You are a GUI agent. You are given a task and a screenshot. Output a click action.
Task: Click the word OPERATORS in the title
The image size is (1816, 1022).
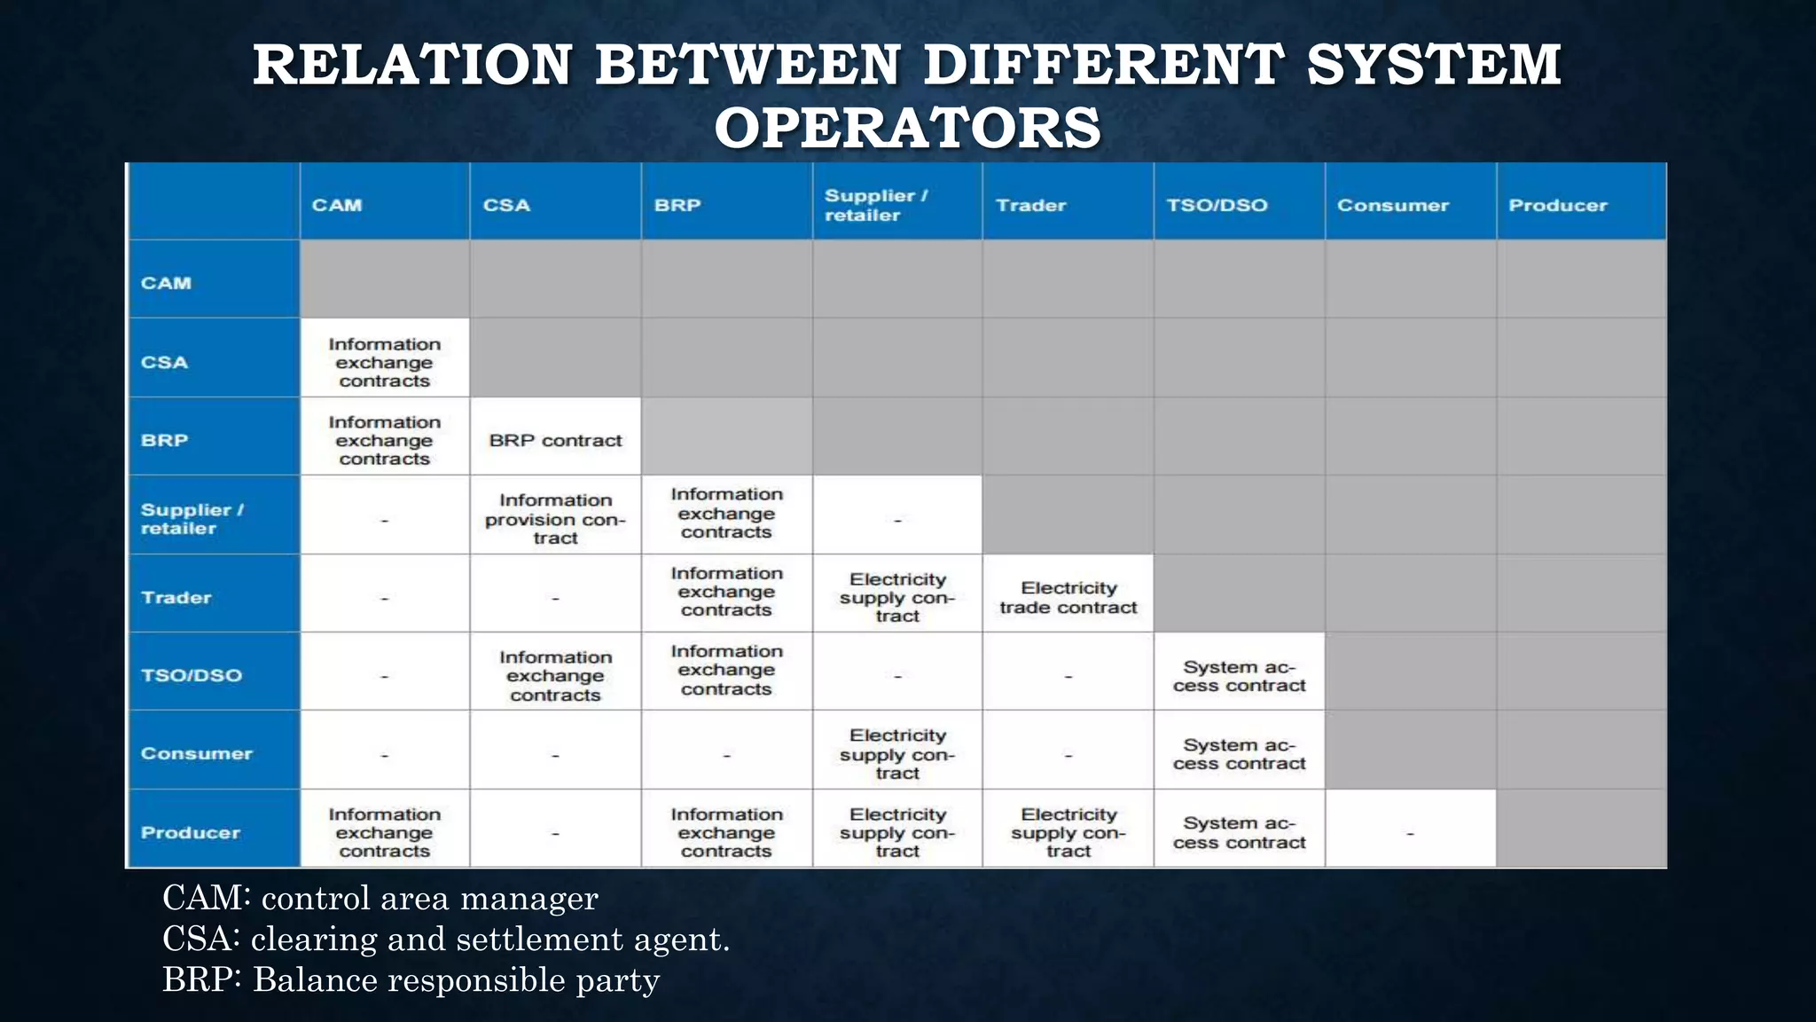click(907, 127)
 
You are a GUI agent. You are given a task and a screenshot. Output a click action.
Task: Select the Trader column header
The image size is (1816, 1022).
click(1030, 205)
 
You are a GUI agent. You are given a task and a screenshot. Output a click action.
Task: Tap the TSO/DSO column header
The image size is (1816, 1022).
click(1217, 205)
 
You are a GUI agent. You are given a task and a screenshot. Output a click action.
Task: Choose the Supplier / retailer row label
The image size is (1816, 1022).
click(192, 519)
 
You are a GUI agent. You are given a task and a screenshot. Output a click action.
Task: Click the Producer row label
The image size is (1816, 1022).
click(191, 832)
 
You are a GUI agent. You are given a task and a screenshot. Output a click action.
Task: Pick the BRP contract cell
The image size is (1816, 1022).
click(555, 440)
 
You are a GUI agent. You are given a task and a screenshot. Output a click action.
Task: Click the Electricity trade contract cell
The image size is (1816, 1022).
click(1068, 598)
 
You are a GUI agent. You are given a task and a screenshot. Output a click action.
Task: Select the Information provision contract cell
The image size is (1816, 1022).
click(555, 519)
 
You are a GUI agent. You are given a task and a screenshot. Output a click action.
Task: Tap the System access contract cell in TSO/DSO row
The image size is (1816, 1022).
click(1239, 676)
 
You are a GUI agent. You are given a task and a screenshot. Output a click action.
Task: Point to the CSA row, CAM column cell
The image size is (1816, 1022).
click(384, 362)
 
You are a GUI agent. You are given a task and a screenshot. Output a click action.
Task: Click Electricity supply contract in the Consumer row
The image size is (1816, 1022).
click(896, 754)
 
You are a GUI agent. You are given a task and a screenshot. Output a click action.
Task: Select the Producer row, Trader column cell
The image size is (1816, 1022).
click(1068, 832)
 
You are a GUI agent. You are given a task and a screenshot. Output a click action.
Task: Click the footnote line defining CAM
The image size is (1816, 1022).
click(380, 898)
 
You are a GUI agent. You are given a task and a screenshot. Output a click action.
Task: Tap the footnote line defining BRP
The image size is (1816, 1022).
click(411, 979)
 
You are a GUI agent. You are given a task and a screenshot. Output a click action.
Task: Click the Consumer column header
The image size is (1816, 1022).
click(1392, 205)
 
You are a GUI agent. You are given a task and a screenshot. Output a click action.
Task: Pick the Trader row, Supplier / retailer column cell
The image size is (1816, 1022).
click(896, 598)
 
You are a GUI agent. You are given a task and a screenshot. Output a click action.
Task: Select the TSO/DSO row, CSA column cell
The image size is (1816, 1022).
click(555, 676)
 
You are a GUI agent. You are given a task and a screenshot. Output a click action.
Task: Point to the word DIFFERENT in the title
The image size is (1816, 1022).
click(1102, 65)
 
